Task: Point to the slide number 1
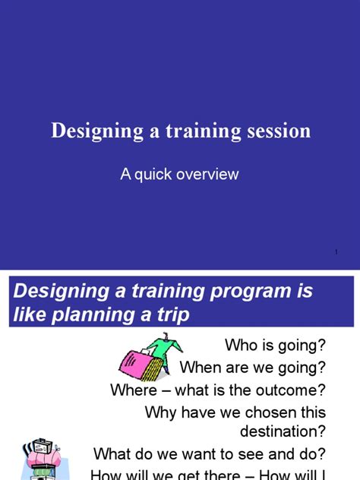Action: coord(335,252)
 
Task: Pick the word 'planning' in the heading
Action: coord(93,314)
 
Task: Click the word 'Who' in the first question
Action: coord(241,346)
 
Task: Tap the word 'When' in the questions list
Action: coord(201,368)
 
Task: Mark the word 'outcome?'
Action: coord(291,390)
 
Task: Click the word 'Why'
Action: coord(160,412)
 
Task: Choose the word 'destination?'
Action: coord(283,431)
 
